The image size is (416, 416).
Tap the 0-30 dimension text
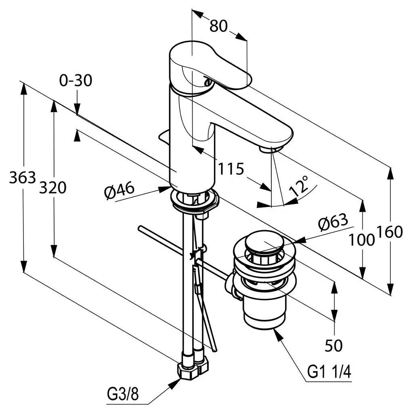pyautogui.click(x=76, y=81)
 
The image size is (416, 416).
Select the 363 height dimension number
pyautogui.click(x=23, y=177)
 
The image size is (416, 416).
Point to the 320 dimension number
pyautogui.click(x=53, y=187)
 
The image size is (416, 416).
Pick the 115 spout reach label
pyautogui.click(x=231, y=168)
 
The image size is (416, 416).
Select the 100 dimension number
pyautogui.click(x=362, y=240)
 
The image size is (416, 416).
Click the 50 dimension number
pyautogui.click(x=334, y=345)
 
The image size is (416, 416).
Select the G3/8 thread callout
pyautogui.click(x=122, y=394)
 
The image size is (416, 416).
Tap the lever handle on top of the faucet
pyautogui.click(x=210, y=65)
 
